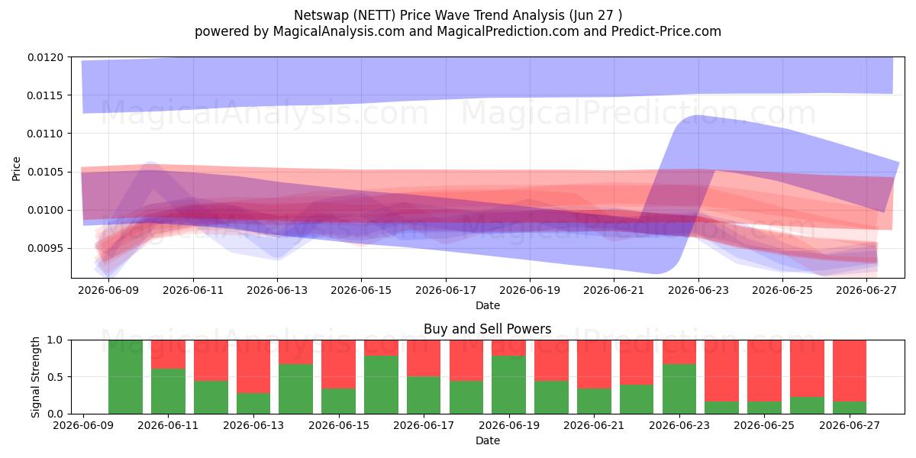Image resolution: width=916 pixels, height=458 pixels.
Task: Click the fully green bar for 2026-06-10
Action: point(125,376)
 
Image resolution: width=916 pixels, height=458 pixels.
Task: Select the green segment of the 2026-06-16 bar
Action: point(381,385)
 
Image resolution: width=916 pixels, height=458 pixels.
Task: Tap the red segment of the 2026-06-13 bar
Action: point(253,366)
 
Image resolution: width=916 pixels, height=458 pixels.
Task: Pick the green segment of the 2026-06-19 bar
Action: point(508,385)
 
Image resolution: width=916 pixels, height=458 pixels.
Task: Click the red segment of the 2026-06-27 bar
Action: point(850,371)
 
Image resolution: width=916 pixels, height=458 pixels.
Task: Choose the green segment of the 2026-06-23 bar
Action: point(679,389)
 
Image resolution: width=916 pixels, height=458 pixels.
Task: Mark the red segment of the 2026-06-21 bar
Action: point(594,364)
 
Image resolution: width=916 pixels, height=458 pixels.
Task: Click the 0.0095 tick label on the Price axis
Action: point(46,248)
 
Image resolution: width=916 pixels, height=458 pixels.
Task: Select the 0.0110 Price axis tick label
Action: point(46,134)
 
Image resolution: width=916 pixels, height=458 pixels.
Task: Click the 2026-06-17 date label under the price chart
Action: point(446,290)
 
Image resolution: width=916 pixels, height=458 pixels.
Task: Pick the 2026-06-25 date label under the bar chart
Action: point(764,425)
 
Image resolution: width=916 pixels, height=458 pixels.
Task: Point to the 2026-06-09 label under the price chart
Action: point(108,290)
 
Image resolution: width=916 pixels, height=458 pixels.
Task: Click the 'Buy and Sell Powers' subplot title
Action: point(488,329)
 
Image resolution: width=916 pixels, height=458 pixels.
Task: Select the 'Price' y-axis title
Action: point(16,169)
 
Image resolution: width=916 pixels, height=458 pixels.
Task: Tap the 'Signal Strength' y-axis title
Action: point(36,377)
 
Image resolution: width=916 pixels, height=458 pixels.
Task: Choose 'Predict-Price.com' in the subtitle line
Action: point(666,31)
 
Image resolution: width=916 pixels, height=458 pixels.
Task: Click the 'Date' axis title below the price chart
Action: point(488,305)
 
